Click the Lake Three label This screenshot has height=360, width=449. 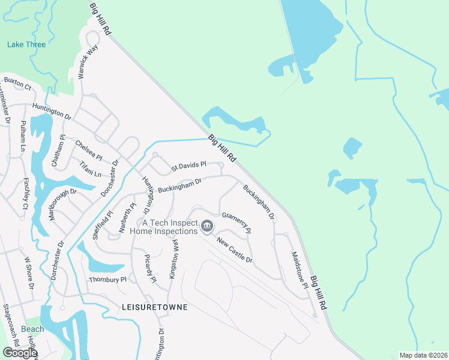pos(26,44)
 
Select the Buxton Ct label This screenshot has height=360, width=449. pos(17,83)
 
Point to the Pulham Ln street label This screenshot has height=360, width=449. pos(23,135)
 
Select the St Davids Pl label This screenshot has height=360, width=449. pos(188,164)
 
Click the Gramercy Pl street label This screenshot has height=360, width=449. pos(236,223)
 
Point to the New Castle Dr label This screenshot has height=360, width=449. pos(235,250)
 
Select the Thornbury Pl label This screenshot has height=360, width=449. pos(107,280)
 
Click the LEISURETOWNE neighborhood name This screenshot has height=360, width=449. pos(154,307)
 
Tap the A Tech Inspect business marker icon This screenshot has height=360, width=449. pos(207,226)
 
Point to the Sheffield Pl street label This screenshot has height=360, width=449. pos(103,225)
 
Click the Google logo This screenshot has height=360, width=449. pos(20,353)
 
